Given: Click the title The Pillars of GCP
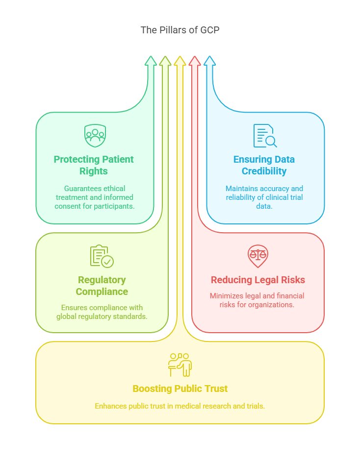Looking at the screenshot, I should (180, 30).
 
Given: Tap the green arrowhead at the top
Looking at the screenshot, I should (151, 61).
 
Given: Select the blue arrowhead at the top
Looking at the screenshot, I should (209, 61).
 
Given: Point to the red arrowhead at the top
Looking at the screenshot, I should (195, 61).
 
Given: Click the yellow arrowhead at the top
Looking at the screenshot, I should (180, 61).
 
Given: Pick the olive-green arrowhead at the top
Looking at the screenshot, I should (165, 61).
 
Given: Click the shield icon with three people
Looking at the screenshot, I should (95, 135).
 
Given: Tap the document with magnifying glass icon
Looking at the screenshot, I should (265, 136).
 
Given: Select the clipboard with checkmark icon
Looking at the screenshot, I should (102, 256).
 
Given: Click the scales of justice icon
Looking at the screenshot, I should (258, 256).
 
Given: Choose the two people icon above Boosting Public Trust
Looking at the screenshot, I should (180, 365).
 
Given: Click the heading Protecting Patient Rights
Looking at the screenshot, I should (94, 165).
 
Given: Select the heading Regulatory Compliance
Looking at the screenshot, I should (102, 286).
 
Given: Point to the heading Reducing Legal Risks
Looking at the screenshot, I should (258, 280).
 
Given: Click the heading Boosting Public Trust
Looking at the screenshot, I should (180, 389).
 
